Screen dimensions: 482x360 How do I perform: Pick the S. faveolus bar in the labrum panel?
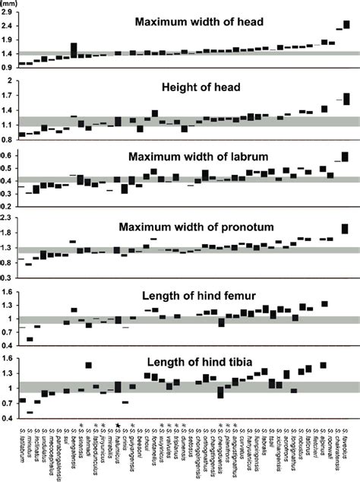click(x=346, y=157)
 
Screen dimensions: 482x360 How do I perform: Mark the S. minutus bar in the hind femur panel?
click(x=30, y=338)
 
